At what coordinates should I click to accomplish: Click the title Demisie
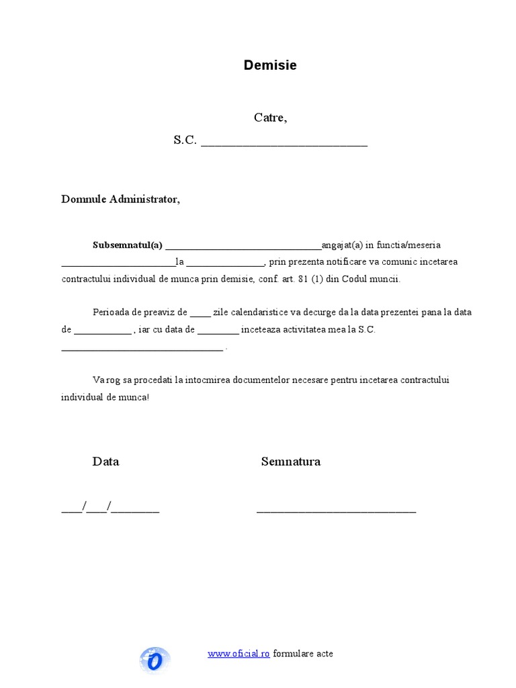point(269,66)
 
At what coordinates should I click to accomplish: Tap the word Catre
point(270,118)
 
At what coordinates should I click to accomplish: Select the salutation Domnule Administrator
point(121,200)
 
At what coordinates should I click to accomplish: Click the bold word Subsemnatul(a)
point(128,245)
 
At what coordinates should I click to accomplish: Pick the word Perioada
point(111,312)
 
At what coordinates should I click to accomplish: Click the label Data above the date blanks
point(105,462)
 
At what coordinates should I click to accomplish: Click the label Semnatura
point(290,462)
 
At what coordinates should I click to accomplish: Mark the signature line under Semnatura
point(336,511)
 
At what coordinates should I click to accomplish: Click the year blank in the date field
point(136,511)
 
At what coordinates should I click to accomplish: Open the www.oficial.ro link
point(239,654)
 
